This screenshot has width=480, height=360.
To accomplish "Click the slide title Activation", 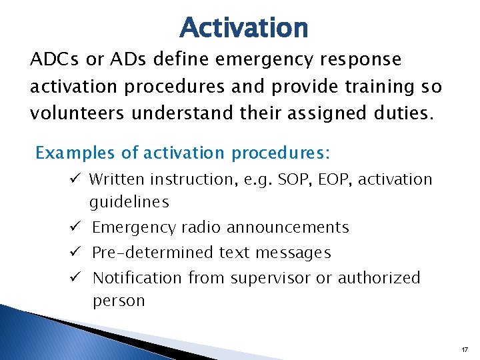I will point(243,28).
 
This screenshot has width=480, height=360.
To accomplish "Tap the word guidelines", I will point(129,202).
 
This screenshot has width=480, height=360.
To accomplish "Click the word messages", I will point(297,253).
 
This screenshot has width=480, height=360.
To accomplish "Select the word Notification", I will point(137,277).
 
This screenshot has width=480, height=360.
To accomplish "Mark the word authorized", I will point(379,277).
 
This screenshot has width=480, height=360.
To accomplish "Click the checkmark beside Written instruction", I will point(77,179).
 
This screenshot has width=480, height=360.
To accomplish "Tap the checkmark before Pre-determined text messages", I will point(77,253).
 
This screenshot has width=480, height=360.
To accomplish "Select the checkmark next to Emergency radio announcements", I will point(77,227).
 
